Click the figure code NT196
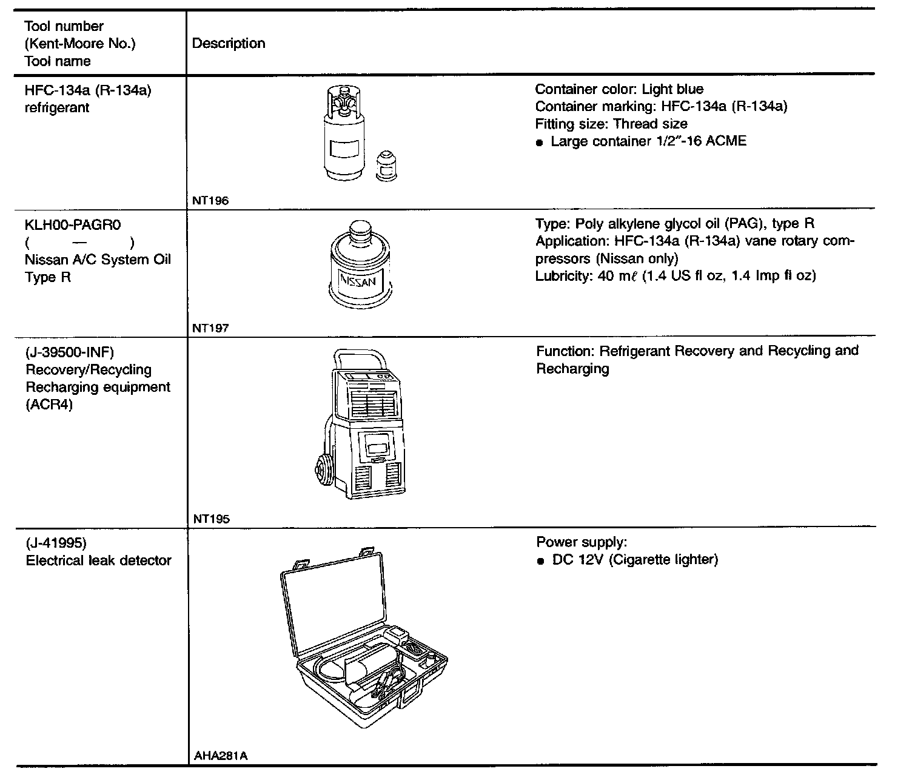pos(210,201)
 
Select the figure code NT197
pos(210,328)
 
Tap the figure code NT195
pos(211,519)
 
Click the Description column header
pos(229,44)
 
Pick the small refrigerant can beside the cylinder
pos(386,166)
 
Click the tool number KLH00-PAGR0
pos(73,225)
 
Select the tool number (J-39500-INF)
pos(70,352)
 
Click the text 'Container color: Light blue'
pos(619,90)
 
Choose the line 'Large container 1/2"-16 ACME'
pos(648,141)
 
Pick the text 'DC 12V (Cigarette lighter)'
pos(634,560)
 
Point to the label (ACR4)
pos(49,405)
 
